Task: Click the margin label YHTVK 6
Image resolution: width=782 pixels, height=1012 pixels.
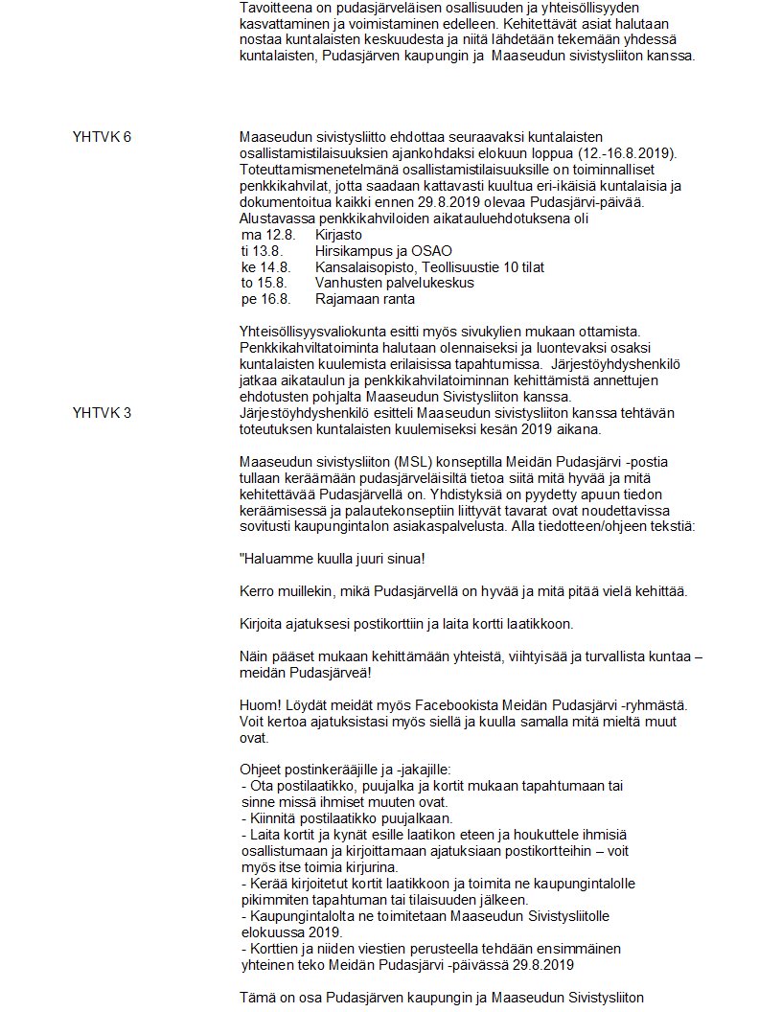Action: tap(102, 137)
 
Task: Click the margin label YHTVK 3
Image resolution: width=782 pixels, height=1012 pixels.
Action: tap(102, 413)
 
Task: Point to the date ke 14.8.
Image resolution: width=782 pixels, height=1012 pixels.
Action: tap(265, 267)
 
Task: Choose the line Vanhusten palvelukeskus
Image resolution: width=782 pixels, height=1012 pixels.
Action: tap(394, 284)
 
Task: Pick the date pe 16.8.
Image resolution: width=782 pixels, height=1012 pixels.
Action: tap(265, 300)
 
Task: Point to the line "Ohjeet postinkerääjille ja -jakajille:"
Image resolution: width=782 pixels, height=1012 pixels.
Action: tap(352, 770)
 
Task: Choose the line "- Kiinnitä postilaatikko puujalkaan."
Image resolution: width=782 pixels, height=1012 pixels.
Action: tap(346, 818)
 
